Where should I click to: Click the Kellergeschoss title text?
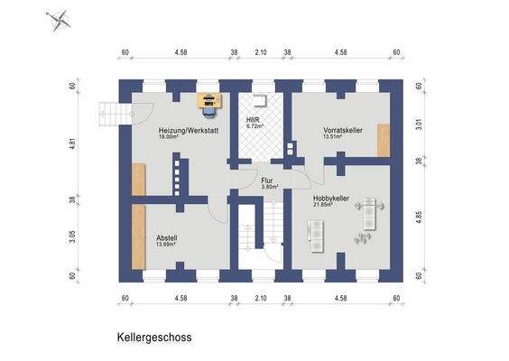tap(153, 337)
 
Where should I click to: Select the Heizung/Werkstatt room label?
tap(188, 131)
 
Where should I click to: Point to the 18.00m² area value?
tap(169, 138)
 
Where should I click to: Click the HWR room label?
tap(253, 119)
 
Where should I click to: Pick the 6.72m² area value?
tap(255, 126)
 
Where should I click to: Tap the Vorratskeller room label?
tap(343, 131)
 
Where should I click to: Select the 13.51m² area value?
tap(335, 138)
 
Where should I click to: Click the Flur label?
tap(268, 180)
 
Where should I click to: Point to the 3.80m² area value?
tap(270, 188)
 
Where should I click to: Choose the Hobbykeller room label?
tap(330, 198)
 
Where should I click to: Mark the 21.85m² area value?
tap(323, 205)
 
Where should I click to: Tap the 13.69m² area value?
tap(165, 244)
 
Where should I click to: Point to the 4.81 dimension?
tap(72, 142)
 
